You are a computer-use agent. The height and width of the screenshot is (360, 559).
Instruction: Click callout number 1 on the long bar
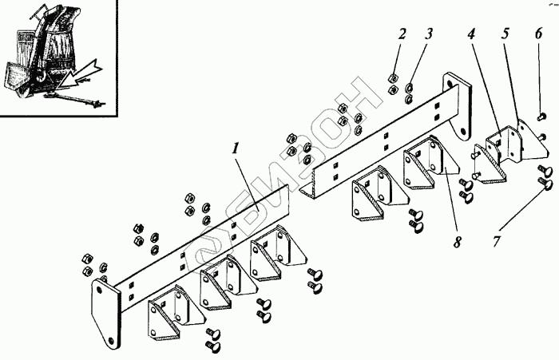coord(236,148)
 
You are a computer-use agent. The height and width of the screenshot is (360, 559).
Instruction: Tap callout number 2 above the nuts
coord(402,34)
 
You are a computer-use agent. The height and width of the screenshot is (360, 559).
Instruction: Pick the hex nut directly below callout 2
coord(393,79)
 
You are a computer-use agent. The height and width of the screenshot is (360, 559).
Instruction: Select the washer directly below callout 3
coord(410,87)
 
